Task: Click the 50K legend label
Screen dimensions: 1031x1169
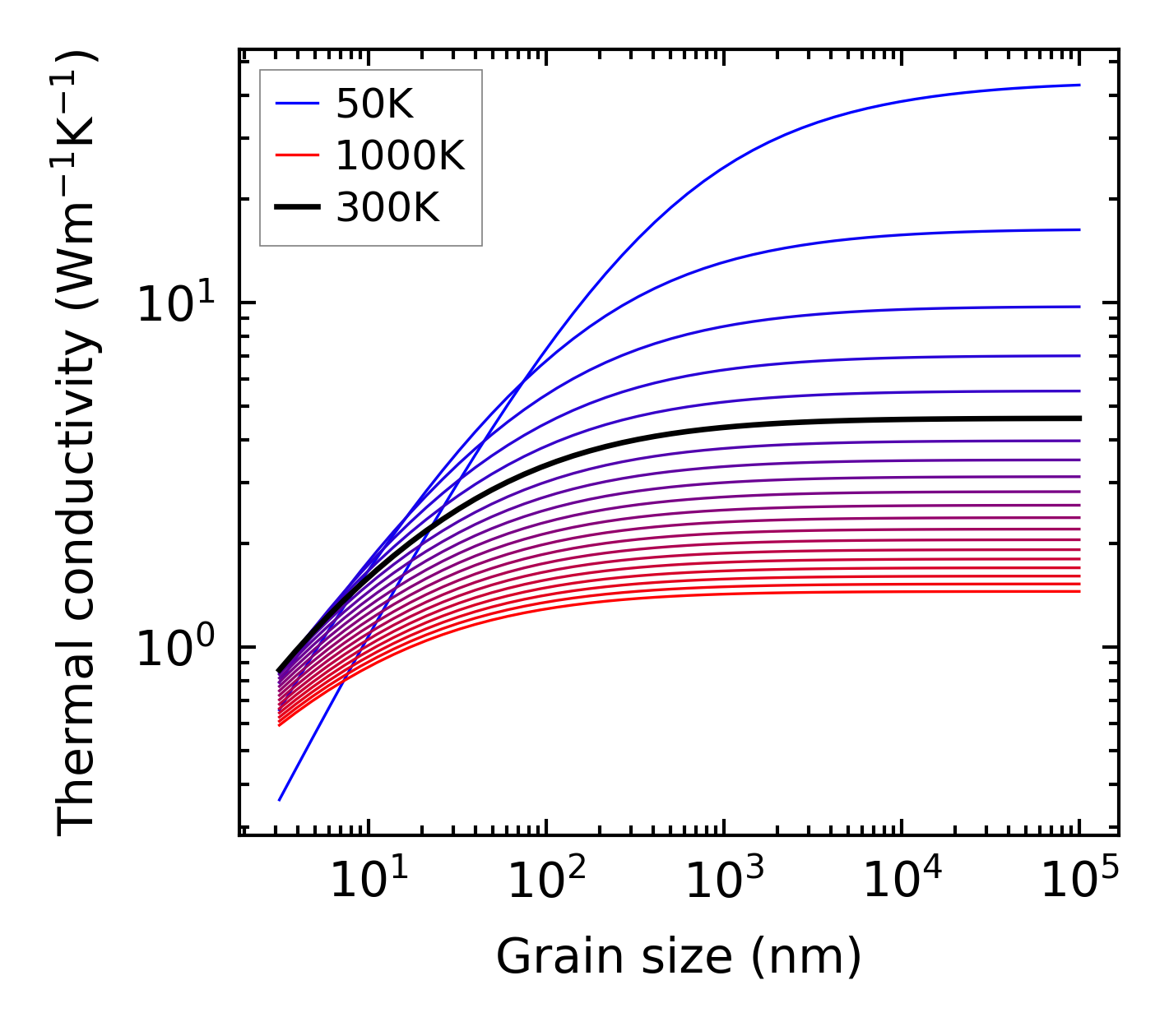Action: tap(374, 104)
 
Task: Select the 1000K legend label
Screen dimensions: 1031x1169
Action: tap(400, 156)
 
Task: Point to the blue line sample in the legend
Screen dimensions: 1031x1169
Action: tap(296, 104)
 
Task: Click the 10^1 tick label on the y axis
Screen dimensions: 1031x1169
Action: tap(174, 304)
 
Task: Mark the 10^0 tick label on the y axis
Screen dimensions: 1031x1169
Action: tap(174, 649)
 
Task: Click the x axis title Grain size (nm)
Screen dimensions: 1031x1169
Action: tap(679, 957)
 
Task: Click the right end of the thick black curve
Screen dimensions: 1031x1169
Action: tap(1079, 418)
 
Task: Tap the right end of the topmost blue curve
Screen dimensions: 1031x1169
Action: tap(1079, 85)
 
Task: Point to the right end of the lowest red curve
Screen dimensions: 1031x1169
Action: tap(1079, 591)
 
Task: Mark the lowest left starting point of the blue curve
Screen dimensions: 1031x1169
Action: tap(280, 799)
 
